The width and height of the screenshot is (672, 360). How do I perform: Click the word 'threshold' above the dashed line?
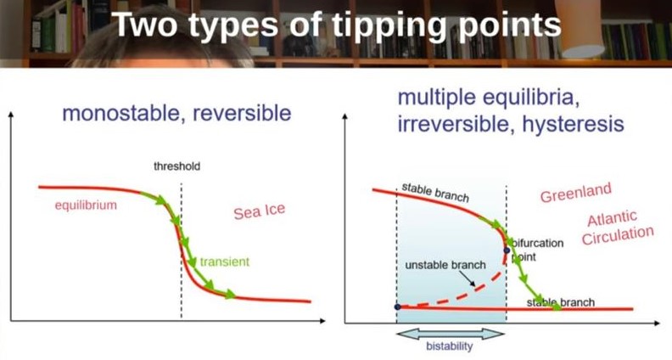click(x=176, y=166)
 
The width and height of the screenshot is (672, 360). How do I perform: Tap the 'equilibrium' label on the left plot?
click(x=86, y=205)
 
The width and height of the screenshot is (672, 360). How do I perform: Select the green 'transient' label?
click(x=225, y=262)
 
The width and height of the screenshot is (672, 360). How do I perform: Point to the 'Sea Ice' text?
click(x=260, y=211)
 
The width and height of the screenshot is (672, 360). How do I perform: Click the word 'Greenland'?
click(x=575, y=193)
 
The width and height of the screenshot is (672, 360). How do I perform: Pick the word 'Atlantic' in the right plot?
click(x=612, y=218)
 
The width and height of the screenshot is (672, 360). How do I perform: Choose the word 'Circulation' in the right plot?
click(x=618, y=235)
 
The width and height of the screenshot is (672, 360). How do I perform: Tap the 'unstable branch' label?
click(x=445, y=265)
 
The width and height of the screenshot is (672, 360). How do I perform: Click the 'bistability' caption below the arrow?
click(x=449, y=346)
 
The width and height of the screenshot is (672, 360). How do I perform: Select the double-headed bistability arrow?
click(x=451, y=334)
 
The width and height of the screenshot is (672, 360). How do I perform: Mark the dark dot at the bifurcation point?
click(x=507, y=250)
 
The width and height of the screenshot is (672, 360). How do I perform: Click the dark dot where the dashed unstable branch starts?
click(x=397, y=307)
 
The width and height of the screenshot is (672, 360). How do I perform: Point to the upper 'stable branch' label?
click(x=435, y=193)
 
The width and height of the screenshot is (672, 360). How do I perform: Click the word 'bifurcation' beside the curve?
click(x=538, y=244)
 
